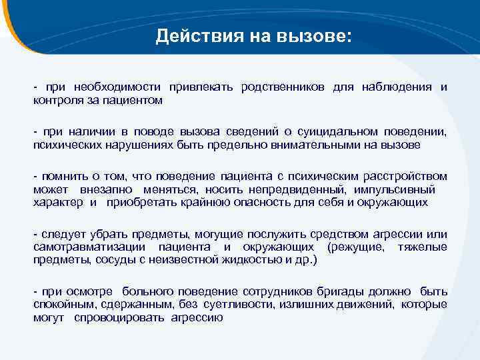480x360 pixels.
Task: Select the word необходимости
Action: pyautogui.click(x=115, y=88)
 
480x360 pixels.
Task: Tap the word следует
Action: pyautogui.click(x=61, y=234)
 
